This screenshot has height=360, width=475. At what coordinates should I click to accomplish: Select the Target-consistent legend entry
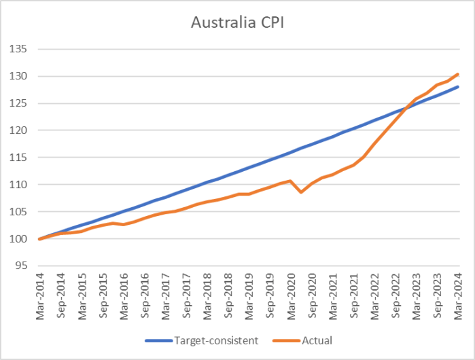click(202, 339)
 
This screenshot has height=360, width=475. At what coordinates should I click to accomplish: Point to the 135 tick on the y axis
click(18, 49)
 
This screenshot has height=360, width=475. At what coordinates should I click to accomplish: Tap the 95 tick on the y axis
click(20, 266)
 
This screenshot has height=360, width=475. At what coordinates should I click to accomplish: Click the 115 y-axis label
click(18, 158)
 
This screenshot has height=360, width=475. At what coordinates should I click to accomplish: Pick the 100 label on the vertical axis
click(18, 239)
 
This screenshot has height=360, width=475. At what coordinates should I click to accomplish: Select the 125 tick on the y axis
click(18, 103)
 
